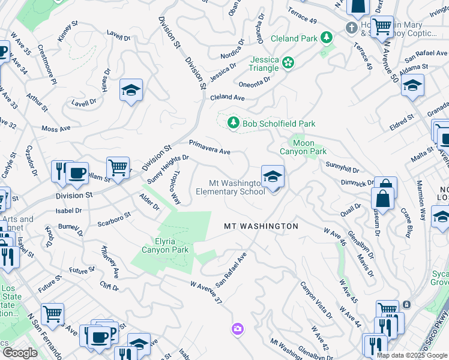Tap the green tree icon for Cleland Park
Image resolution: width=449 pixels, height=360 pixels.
[327, 38]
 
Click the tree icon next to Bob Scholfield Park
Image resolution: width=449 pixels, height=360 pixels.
[234, 124]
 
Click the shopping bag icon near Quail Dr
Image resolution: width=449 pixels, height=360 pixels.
[381, 199]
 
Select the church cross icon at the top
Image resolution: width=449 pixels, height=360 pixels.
[352, 28]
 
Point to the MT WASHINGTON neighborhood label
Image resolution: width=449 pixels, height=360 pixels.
[261, 226]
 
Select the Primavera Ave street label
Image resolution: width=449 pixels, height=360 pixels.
[210, 148]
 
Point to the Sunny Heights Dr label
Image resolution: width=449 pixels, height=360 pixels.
[168, 170]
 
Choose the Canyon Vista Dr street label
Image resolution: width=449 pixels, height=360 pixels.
[316, 300]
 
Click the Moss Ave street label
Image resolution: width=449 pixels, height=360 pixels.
[56, 128]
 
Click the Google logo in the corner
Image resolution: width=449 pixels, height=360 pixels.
[19, 353]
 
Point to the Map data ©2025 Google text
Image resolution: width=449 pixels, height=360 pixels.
[412, 355]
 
